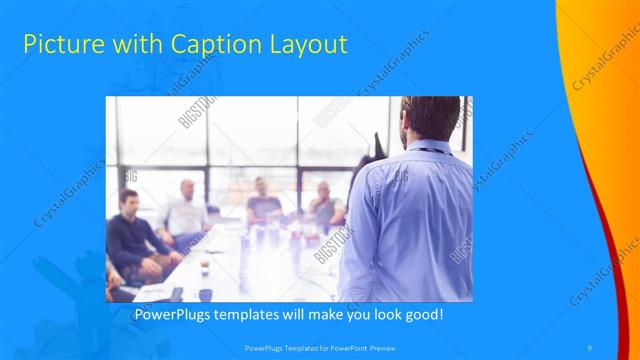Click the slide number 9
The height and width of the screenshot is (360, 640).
click(x=590, y=348)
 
